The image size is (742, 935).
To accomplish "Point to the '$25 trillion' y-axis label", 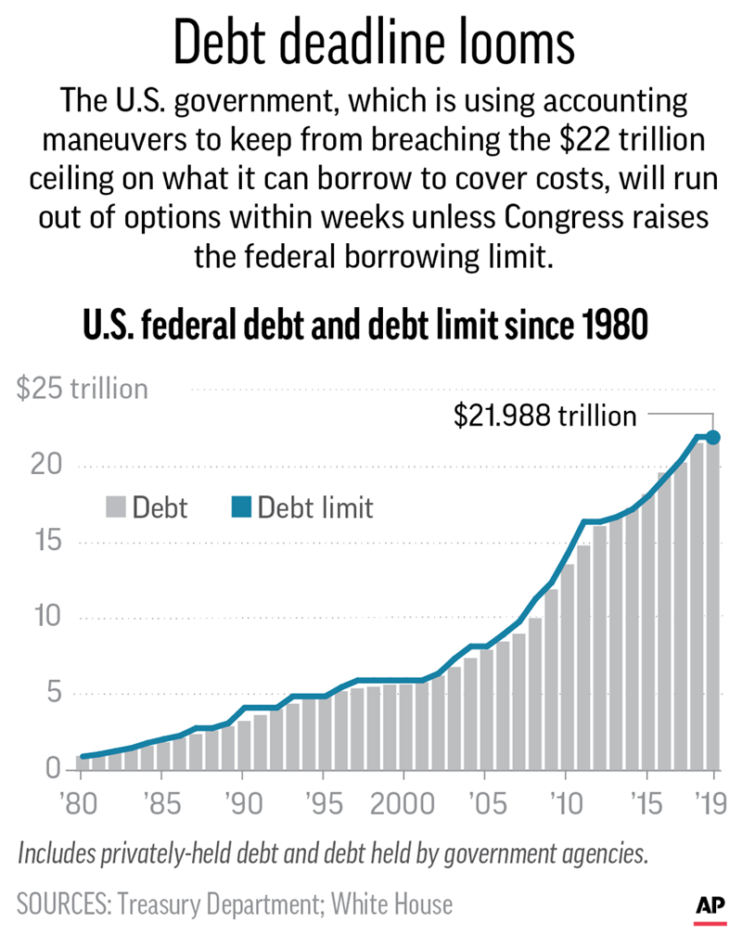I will pos(83,388).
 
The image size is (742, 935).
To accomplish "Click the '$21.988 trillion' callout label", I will pos(544,416).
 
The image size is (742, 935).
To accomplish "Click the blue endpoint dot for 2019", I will pos(714,437).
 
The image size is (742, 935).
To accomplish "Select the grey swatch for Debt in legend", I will pos(115,507).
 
